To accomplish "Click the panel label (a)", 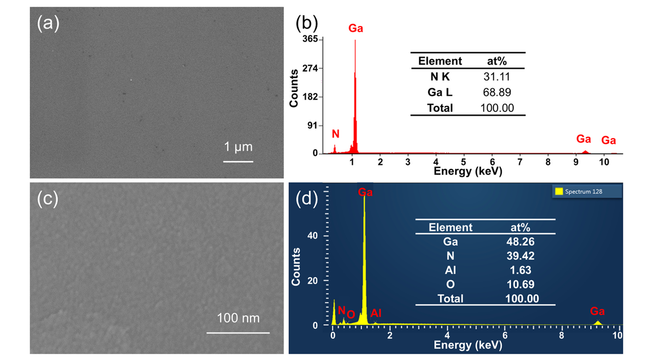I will tap(48, 23).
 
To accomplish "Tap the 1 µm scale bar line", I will tap(238, 161).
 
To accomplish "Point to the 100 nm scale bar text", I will tap(238, 318).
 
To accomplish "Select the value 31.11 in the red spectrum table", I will tap(496, 76).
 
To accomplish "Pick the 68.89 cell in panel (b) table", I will tap(496, 92).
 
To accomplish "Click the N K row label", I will tap(440, 76).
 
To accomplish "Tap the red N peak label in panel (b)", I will tap(336, 133).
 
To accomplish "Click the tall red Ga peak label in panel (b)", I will tap(356, 28).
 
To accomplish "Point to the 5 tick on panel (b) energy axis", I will tap(463, 162).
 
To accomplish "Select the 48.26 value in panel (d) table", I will tap(521, 242).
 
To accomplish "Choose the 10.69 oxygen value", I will tap(521, 285).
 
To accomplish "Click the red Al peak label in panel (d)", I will tap(376, 313).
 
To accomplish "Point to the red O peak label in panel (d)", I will tap(351, 314).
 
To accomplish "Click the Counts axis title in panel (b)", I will tap(294, 88).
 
